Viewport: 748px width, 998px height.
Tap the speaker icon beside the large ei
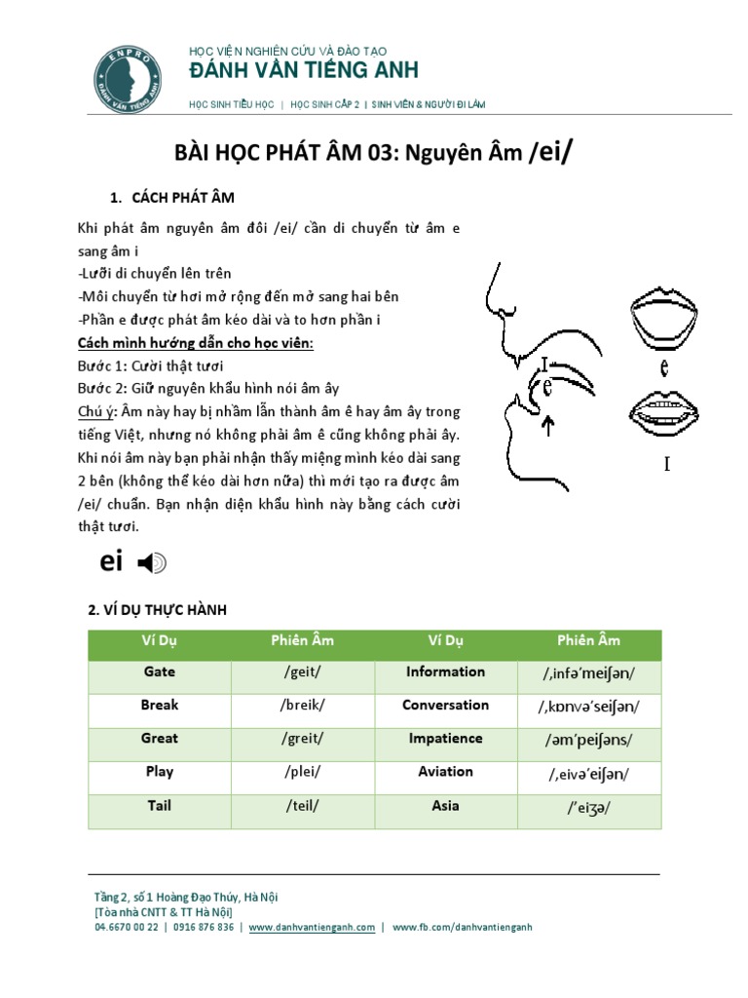(x=152, y=562)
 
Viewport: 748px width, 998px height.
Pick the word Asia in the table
(x=445, y=807)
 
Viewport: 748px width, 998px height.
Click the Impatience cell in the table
(x=445, y=740)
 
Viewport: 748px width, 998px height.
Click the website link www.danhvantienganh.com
(x=312, y=928)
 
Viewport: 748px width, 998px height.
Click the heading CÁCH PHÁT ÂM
(x=183, y=197)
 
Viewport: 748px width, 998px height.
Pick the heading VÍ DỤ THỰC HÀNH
(x=157, y=610)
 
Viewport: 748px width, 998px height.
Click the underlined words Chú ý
(x=96, y=412)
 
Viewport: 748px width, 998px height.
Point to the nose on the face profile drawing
(x=495, y=292)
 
